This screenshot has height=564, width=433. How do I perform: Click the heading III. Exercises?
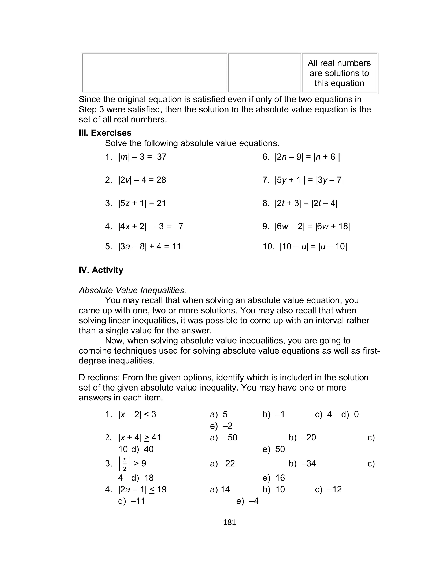coord(105,133)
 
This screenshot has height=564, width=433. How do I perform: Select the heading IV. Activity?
coord(101,270)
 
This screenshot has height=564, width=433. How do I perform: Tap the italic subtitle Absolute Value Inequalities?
coord(132,290)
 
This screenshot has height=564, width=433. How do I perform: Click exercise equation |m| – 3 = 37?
coord(142,157)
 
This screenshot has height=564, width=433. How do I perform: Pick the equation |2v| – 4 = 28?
coord(142,180)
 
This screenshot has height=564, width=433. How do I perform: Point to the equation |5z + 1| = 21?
coord(142,203)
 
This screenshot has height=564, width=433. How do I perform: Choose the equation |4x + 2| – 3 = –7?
coord(151,226)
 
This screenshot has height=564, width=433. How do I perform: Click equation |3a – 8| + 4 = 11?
coord(149,246)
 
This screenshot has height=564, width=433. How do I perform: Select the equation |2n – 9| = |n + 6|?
coord(307,157)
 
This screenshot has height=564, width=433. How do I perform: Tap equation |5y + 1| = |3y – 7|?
coord(309,180)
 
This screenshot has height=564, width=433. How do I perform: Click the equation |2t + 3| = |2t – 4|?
coord(306,203)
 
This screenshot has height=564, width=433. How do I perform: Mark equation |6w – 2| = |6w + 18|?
coord(312,226)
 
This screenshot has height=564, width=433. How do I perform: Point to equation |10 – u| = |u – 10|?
coord(313,246)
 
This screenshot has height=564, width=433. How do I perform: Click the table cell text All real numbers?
coord(339,63)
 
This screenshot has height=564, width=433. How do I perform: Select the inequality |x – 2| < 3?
coord(137,414)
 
